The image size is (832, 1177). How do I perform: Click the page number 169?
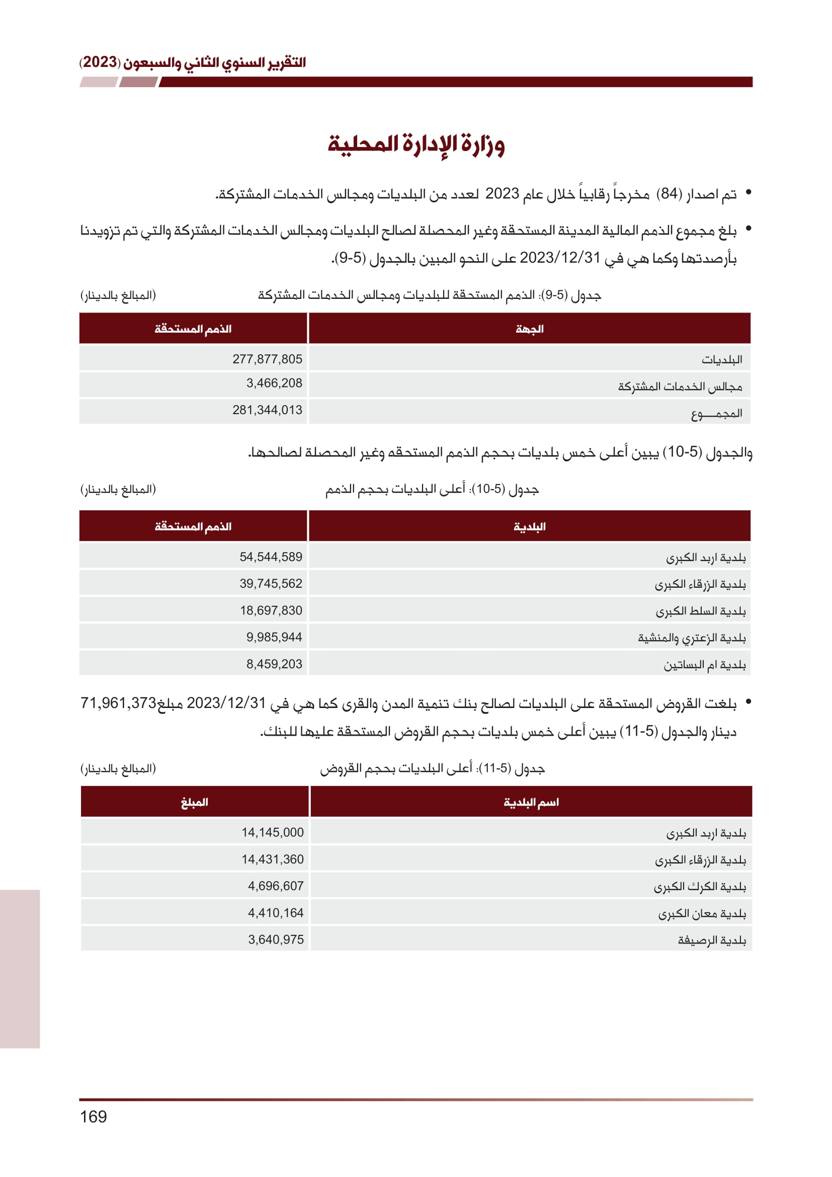tap(93, 1117)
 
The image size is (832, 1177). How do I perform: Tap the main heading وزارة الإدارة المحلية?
tap(416, 144)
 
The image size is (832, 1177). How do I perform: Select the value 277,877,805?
tap(267, 359)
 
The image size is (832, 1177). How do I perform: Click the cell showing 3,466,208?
tap(274, 383)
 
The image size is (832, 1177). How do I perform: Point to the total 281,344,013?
tap(267, 410)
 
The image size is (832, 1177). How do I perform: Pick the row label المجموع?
tap(716, 413)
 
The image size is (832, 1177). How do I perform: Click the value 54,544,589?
tap(271, 557)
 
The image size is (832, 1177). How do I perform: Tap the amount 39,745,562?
tap(271, 583)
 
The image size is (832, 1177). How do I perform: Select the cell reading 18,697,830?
tap(271, 610)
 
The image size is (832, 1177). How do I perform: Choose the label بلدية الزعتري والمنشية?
tap(692, 638)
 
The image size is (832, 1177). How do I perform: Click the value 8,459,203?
tap(274, 664)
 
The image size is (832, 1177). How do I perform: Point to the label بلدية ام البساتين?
tap(704, 665)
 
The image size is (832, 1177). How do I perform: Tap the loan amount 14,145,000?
tap(273, 832)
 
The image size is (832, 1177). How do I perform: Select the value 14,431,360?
tap(273, 859)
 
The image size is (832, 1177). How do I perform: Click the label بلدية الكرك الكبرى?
tap(699, 886)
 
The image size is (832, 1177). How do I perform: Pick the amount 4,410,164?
tap(276, 912)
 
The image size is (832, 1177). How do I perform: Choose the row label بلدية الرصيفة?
tap(712, 940)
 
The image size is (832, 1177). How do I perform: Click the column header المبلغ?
tap(194, 802)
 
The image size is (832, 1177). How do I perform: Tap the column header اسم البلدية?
tap(531, 802)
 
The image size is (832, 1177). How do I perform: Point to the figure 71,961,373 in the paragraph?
tap(118, 703)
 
